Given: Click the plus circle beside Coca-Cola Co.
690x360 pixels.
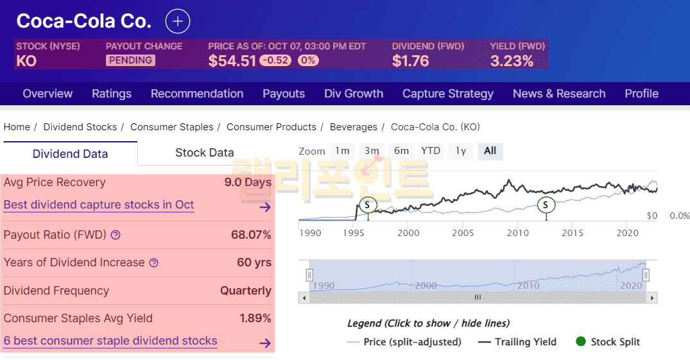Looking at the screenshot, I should click(178, 22).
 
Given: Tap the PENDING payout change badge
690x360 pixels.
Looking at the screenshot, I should click(130, 60).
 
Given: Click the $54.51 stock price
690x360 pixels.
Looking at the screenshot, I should click(232, 61).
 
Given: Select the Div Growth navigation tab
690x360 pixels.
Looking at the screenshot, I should click(354, 94).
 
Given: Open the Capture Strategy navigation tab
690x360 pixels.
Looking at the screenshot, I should click(448, 94).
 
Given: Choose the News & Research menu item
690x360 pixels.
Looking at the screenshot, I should click(559, 94).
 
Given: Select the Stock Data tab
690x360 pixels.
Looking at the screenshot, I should click(204, 153).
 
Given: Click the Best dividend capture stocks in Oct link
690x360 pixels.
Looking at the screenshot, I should click(99, 205).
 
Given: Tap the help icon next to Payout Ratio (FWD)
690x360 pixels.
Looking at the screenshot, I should click(116, 236).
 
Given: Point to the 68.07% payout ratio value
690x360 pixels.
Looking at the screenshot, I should click(251, 235).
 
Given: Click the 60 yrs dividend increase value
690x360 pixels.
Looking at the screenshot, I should click(254, 262).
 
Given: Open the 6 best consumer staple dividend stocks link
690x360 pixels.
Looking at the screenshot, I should click(110, 341).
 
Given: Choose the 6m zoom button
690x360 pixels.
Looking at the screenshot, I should click(401, 151).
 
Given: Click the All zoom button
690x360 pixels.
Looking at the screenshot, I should click(490, 151).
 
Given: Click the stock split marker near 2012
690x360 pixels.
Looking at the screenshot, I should click(546, 205).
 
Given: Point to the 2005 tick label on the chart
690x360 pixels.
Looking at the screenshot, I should click(463, 233).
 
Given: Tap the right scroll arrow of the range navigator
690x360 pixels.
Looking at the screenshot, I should click(652, 298).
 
